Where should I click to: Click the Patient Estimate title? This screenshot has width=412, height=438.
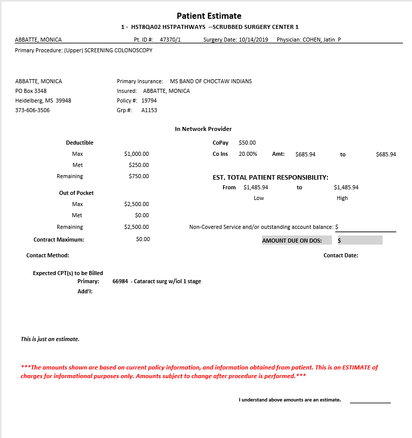[x=209, y=16]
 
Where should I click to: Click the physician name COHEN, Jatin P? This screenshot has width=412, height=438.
[x=322, y=39]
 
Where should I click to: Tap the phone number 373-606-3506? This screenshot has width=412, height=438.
[x=32, y=110]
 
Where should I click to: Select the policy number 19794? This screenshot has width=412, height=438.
[x=149, y=100]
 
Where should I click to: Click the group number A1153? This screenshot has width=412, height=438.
[x=149, y=110]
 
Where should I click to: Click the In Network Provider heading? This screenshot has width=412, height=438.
[x=203, y=129]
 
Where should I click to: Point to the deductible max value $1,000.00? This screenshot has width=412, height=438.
[x=136, y=154]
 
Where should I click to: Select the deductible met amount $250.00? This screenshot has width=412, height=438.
[x=139, y=165]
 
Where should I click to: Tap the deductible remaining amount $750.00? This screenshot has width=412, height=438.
[x=139, y=176]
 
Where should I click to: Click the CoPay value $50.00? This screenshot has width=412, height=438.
[x=247, y=143]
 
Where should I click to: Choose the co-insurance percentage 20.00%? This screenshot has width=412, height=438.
[x=248, y=154]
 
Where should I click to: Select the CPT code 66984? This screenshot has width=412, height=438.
[x=120, y=281]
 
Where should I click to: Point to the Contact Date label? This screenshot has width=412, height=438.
[x=341, y=255]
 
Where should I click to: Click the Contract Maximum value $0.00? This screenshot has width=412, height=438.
[x=143, y=239]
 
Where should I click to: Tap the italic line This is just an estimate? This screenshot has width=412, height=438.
[x=50, y=339]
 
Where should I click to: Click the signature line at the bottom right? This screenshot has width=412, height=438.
[x=370, y=402]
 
